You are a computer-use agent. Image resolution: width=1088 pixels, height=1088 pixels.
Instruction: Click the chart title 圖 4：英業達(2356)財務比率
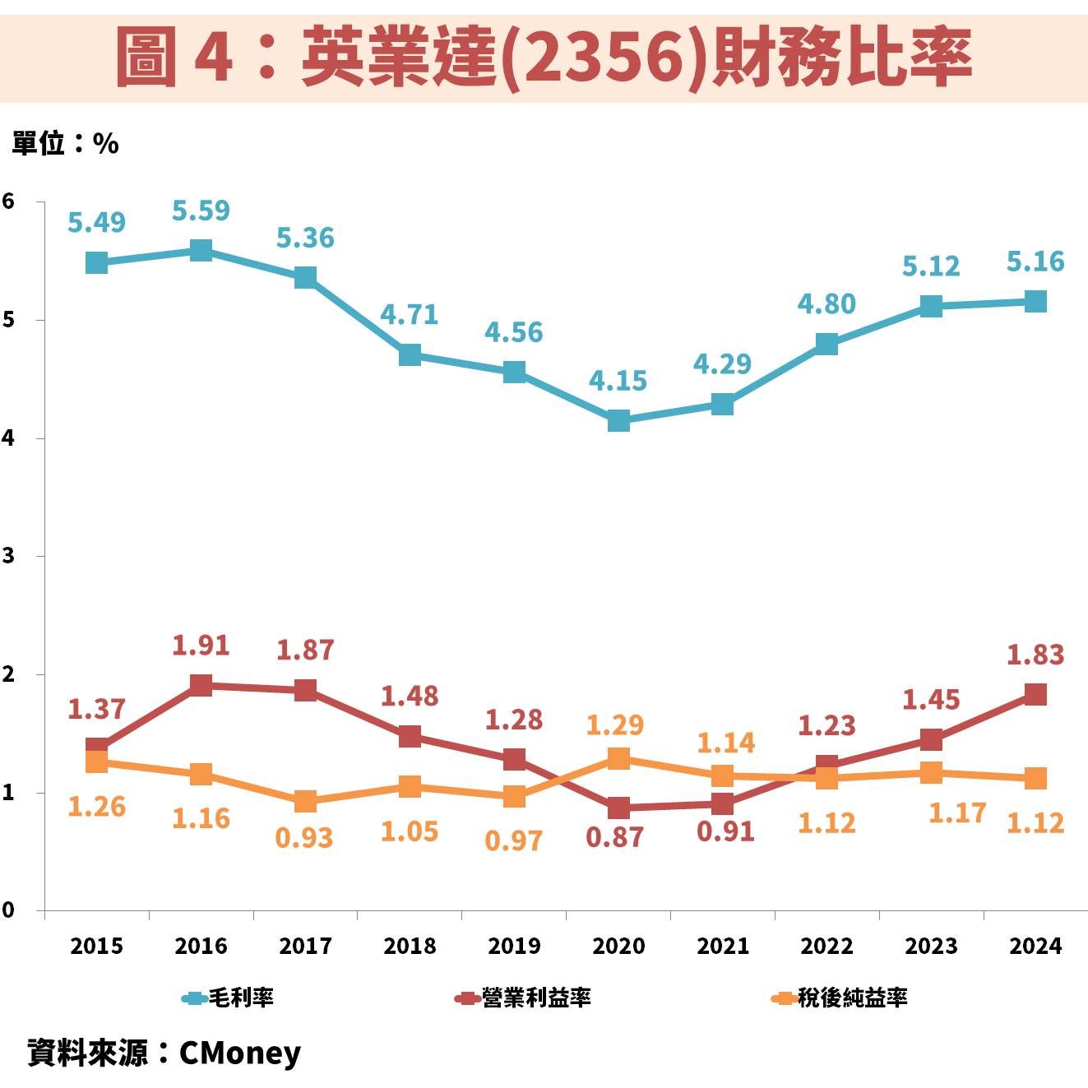(544, 56)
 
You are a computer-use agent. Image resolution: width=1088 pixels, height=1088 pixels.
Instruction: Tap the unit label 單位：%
(65, 144)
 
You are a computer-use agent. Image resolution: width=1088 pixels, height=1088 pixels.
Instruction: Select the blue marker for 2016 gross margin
(201, 251)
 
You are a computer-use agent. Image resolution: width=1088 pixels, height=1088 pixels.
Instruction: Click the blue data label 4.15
(618, 381)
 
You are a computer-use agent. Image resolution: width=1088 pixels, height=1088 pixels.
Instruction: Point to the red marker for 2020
(618, 808)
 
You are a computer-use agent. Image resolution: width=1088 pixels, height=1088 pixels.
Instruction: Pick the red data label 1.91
(201, 646)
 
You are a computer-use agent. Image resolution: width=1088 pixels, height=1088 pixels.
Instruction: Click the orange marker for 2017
(305, 801)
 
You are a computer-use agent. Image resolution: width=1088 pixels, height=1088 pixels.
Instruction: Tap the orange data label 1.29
(614, 725)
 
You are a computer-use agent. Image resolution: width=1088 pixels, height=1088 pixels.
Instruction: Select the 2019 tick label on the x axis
(514, 947)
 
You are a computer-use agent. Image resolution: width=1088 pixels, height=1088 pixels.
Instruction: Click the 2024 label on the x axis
(1035, 947)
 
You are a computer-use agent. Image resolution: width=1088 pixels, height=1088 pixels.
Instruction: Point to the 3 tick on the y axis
(8, 556)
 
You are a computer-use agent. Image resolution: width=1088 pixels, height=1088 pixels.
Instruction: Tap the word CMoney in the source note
(239, 1053)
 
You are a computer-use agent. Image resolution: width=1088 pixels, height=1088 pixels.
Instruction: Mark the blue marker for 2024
(1035, 302)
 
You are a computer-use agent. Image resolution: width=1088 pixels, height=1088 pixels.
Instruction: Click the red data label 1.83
(1035, 655)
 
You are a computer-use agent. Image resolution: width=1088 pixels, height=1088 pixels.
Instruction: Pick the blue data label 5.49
(96, 223)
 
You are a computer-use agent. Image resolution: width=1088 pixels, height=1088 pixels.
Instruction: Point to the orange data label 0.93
(304, 838)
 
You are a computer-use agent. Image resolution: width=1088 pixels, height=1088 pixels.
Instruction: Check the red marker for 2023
(931, 739)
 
